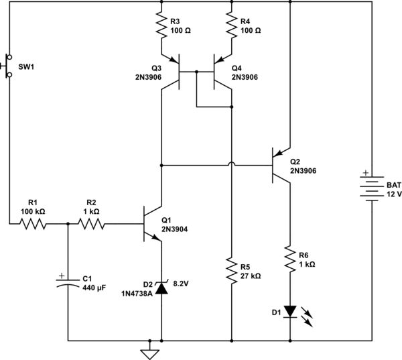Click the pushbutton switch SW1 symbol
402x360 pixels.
8,65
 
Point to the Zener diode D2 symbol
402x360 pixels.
161,289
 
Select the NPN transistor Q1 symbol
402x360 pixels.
153,225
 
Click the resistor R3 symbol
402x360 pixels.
161,27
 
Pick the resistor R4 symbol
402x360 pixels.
231,27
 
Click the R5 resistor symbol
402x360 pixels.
231,270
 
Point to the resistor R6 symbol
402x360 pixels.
289,258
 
